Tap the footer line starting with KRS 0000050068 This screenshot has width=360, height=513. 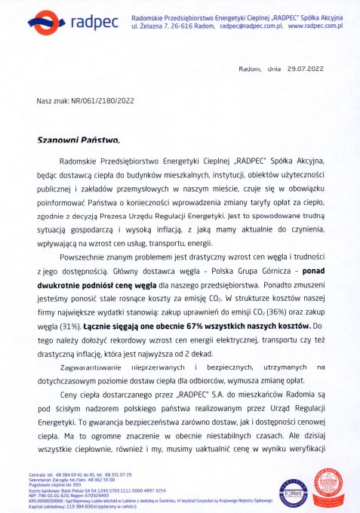coord(135,499)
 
